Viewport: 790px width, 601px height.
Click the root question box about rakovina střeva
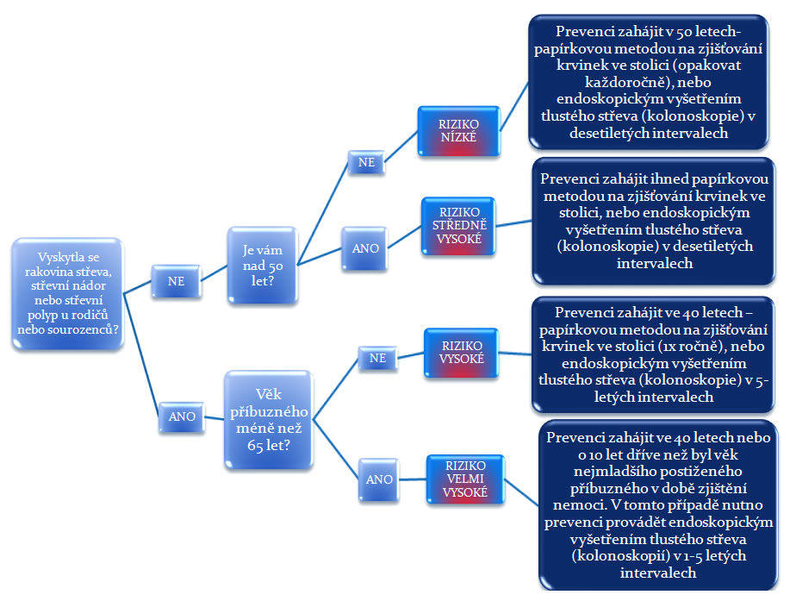pos(68,293)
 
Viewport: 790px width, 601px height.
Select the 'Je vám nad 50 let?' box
pos(263,266)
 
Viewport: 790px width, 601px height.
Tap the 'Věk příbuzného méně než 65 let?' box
pos(269,419)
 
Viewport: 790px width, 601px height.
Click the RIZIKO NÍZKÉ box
pos(458,130)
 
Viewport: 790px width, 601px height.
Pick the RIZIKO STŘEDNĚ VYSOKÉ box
pos(459,225)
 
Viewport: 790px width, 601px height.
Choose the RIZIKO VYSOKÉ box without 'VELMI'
pos(462,353)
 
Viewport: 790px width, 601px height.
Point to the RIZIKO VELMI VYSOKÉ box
pos(465,479)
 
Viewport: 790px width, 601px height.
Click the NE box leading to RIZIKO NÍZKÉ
pos(366,162)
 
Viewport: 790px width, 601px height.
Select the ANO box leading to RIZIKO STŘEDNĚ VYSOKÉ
pos(365,248)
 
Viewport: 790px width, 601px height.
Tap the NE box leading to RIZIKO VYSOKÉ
pos(377,359)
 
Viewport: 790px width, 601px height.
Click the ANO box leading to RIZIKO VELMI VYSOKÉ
pos(379,479)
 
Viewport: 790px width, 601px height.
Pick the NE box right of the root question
pos(176,281)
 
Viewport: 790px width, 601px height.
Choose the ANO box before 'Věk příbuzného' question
pos(182,417)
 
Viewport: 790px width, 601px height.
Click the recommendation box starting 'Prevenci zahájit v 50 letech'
pos(649,82)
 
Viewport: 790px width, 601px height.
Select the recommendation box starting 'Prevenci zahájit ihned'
pos(654,221)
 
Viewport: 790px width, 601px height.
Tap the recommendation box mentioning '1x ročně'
pos(653,354)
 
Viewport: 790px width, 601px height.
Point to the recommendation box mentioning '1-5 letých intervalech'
pos(658,504)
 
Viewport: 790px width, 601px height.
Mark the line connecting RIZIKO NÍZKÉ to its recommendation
pos(514,106)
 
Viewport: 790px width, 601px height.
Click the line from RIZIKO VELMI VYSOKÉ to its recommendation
pos(521,492)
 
